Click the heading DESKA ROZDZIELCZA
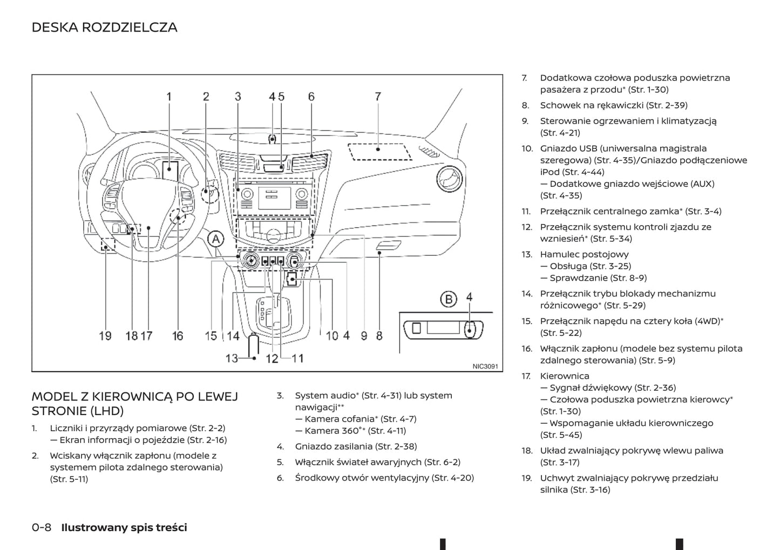click(x=104, y=27)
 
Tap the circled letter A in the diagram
click(x=215, y=239)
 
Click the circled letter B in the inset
click(x=448, y=298)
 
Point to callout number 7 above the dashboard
click(x=378, y=97)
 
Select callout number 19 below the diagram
click(x=105, y=336)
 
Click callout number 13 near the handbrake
click(x=232, y=358)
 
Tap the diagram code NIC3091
click(x=485, y=366)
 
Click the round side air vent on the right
click(x=449, y=179)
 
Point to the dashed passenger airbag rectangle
click(x=379, y=152)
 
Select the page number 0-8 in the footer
click(x=42, y=527)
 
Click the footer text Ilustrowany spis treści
click(x=124, y=527)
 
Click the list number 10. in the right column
click(x=527, y=148)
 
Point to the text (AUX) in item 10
click(x=702, y=184)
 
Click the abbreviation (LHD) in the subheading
click(x=107, y=411)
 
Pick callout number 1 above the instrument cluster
click(x=169, y=97)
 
